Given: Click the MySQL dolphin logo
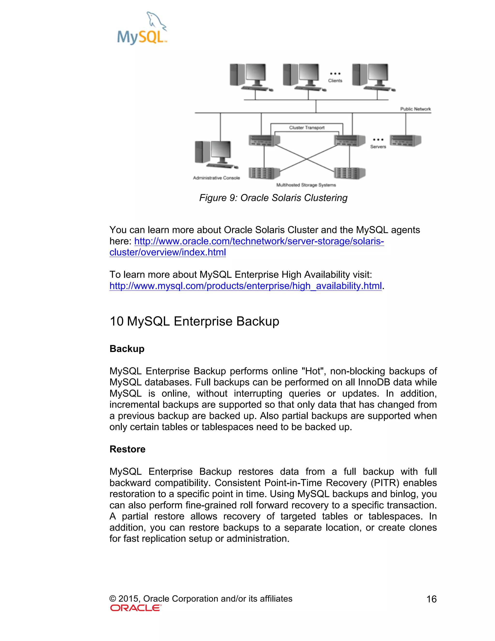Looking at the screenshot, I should coord(142,29).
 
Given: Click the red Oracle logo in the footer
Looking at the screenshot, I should coord(136,608).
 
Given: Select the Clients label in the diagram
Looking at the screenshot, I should coord(335,81).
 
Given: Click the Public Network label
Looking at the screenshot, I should coord(415,109).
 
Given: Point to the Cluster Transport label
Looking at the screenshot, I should coord(307,128).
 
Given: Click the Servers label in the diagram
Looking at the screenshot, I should coord(378,147).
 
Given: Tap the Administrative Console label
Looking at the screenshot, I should coord(216,178).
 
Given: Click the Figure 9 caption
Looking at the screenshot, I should coord(273,198).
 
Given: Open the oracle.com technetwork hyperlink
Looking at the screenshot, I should coord(259,241).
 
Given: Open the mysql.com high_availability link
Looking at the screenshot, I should coord(246,286).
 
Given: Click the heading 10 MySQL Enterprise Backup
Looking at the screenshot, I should coord(194,321).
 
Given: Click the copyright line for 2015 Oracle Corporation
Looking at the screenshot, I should coord(201,599).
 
